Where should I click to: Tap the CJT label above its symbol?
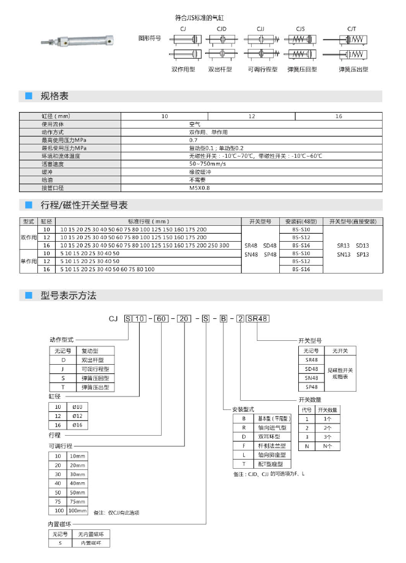pos(351,29)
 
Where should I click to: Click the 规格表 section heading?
pos(54,96)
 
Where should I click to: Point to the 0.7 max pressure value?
pos(194,140)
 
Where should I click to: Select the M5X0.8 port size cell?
pos(200,188)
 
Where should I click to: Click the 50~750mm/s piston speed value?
pos(208,164)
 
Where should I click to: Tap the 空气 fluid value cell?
pos(195,124)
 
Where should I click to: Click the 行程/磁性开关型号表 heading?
pos(84,204)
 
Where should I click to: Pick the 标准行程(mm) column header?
pos(148,221)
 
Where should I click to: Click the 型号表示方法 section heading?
pos(68,295)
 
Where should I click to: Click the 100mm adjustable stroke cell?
pos(77,510)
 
